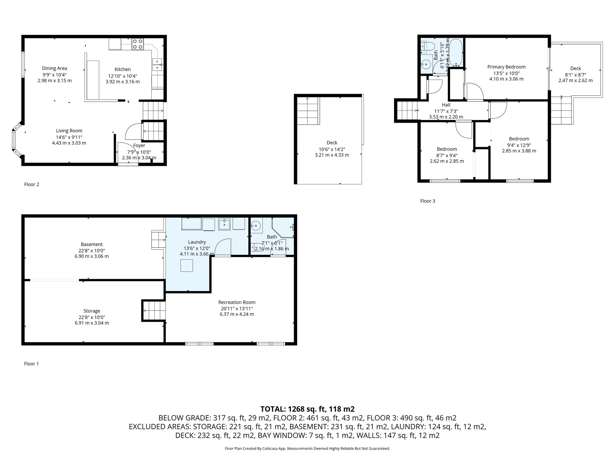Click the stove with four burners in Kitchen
point(138,44)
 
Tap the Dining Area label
point(55,68)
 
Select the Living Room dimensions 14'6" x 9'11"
point(69,137)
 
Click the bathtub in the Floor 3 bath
point(456,52)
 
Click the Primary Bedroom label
point(506,67)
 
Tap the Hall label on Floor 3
point(446,105)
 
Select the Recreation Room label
point(237,302)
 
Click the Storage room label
point(92,311)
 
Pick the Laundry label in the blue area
point(197,242)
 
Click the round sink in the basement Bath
point(256,225)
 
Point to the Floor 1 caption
point(32,364)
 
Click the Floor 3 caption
point(428,201)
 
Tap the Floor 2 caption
point(32,184)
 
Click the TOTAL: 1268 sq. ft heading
point(307,409)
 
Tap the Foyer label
point(139,146)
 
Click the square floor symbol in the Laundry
point(187,265)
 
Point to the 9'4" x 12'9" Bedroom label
point(519,139)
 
